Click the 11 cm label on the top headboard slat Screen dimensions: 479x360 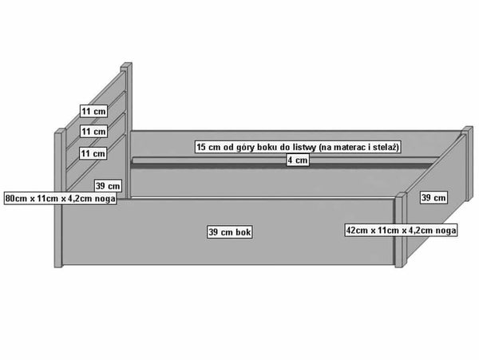93,111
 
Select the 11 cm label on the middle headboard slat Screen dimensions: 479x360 93,132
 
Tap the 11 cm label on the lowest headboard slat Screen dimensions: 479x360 93,153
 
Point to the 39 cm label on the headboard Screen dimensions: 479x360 108,186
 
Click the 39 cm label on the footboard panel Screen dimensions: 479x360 433,197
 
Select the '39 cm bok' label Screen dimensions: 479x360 229,232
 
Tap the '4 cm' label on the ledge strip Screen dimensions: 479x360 298,160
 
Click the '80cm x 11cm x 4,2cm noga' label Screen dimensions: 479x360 61,199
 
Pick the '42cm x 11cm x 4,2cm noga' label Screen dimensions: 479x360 401,230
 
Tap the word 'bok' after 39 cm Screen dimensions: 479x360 243,232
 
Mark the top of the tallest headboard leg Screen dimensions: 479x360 126,64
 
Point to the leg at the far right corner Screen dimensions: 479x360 468,164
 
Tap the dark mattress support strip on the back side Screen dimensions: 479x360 281,165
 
